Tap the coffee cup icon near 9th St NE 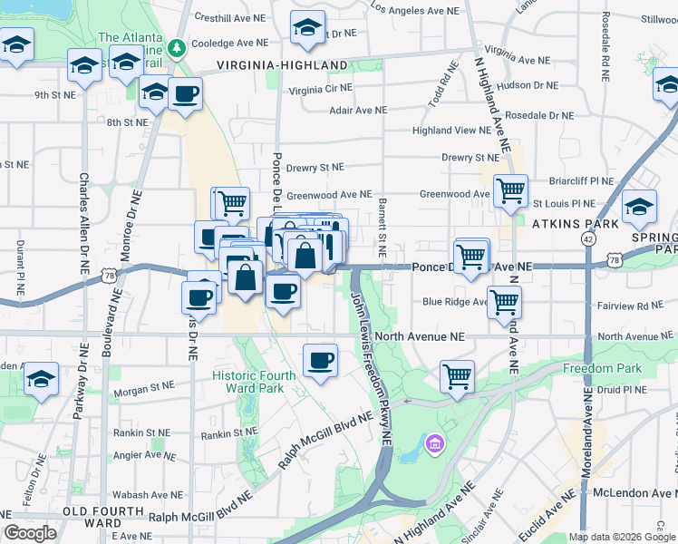(x=185, y=94)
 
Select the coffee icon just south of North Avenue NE (x=320, y=362)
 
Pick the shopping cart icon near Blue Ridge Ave (x=504, y=303)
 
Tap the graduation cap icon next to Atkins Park (x=639, y=209)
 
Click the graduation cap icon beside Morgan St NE (x=41, y=379)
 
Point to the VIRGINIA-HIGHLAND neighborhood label (x=282, y=65)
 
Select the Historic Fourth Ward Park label (x=254, y=382)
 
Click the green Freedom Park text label (x=602, y=368)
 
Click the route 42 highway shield (x=588, y=238)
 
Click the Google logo (x=30, y=533)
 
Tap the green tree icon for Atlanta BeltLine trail (x=179, y=45)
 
